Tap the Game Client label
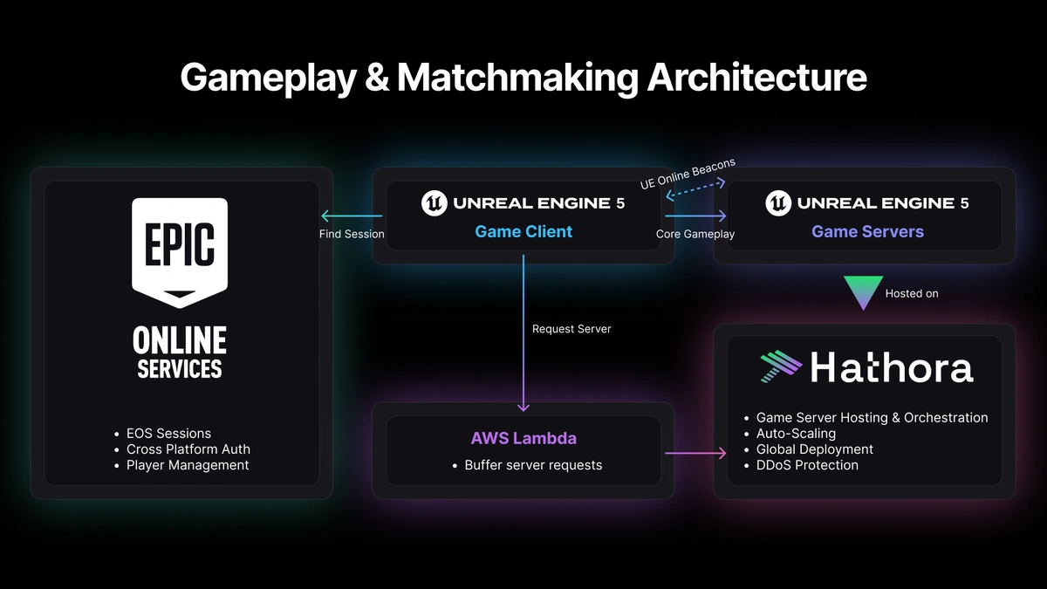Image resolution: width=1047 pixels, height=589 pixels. coord(523,231)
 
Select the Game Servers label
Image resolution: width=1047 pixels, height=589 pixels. coord(867,231)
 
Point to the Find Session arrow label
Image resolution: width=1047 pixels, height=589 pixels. coord(352,234)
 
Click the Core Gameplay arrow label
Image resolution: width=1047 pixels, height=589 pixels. coord(695,234)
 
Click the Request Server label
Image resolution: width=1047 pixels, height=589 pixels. coord(571,329)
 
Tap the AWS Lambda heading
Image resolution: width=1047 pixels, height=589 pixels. coord(523,438)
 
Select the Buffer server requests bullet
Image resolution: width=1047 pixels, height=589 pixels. coord(533,465)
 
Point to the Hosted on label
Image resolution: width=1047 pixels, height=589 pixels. coord(912,293)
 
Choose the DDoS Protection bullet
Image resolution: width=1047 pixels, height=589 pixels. coord(807,465)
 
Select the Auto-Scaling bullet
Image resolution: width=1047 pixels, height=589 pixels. coord(796,434)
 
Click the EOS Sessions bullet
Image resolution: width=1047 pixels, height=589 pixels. coord(168,434)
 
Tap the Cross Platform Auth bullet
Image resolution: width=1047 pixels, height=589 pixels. coord(188,449)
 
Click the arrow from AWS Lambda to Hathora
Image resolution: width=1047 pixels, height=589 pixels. coord(695,453)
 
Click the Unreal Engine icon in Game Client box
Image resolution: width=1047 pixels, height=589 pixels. coord(435,203)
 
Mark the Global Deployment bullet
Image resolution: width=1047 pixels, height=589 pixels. coord(814,449)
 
